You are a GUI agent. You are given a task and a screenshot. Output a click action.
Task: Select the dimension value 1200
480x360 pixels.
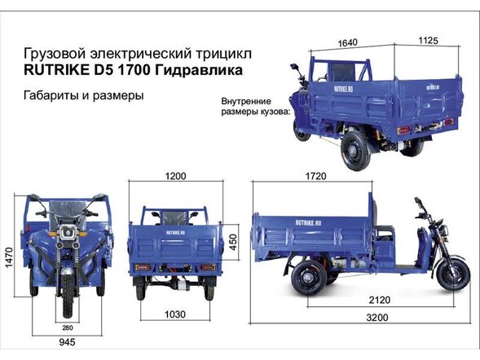(175, 176)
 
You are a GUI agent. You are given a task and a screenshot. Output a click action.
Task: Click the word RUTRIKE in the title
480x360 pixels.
(56, 72)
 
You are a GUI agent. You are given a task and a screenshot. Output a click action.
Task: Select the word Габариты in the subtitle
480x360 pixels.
(55, 95)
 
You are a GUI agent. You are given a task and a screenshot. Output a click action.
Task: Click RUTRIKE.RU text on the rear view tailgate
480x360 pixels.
(175, 232)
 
